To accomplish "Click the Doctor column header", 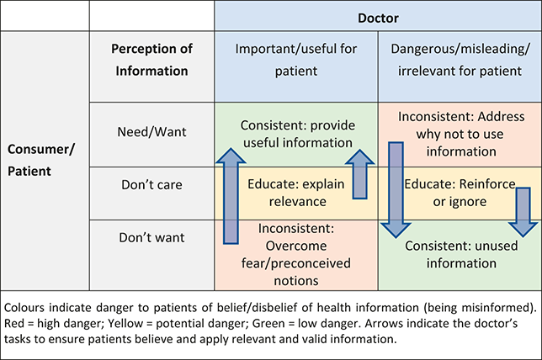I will click(x=378, y=17).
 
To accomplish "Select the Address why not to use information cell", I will click(x=460, y=134).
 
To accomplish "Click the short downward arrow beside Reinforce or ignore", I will click(x=523, y=210).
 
